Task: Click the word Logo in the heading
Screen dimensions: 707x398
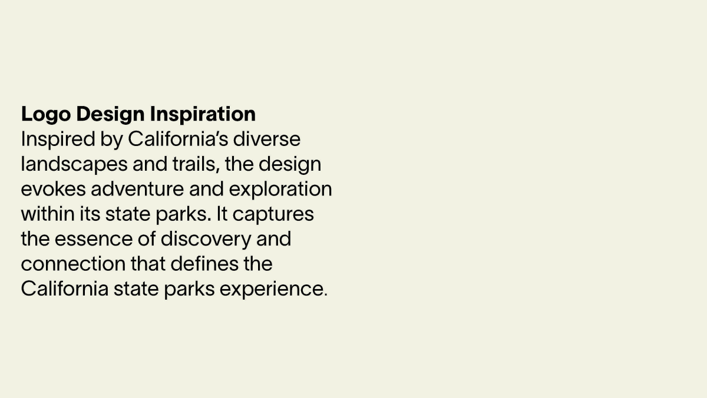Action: pos(46,114)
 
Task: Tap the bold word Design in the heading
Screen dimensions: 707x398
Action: pos(110,114)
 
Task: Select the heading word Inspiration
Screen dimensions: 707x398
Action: pos(203,114)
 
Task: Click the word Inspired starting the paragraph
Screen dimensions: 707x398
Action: pos(58,140)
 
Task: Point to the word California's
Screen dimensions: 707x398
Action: pos(178,139)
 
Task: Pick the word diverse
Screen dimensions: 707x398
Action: pos(267,139)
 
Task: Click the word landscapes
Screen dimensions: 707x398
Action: pos(74,165)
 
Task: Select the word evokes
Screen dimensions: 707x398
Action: pos(54,189)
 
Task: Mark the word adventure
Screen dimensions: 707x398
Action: pos(137,189)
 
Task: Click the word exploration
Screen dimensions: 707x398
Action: pos(280,190)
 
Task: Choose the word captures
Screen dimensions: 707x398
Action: pos(273,214)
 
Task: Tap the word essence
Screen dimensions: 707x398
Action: pos(94,239)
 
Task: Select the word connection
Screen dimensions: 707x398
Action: pos(73,264)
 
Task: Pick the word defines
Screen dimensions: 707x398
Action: pos(204,264)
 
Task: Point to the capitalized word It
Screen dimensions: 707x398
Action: pos(222,214)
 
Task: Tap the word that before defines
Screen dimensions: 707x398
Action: pos(148,264)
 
